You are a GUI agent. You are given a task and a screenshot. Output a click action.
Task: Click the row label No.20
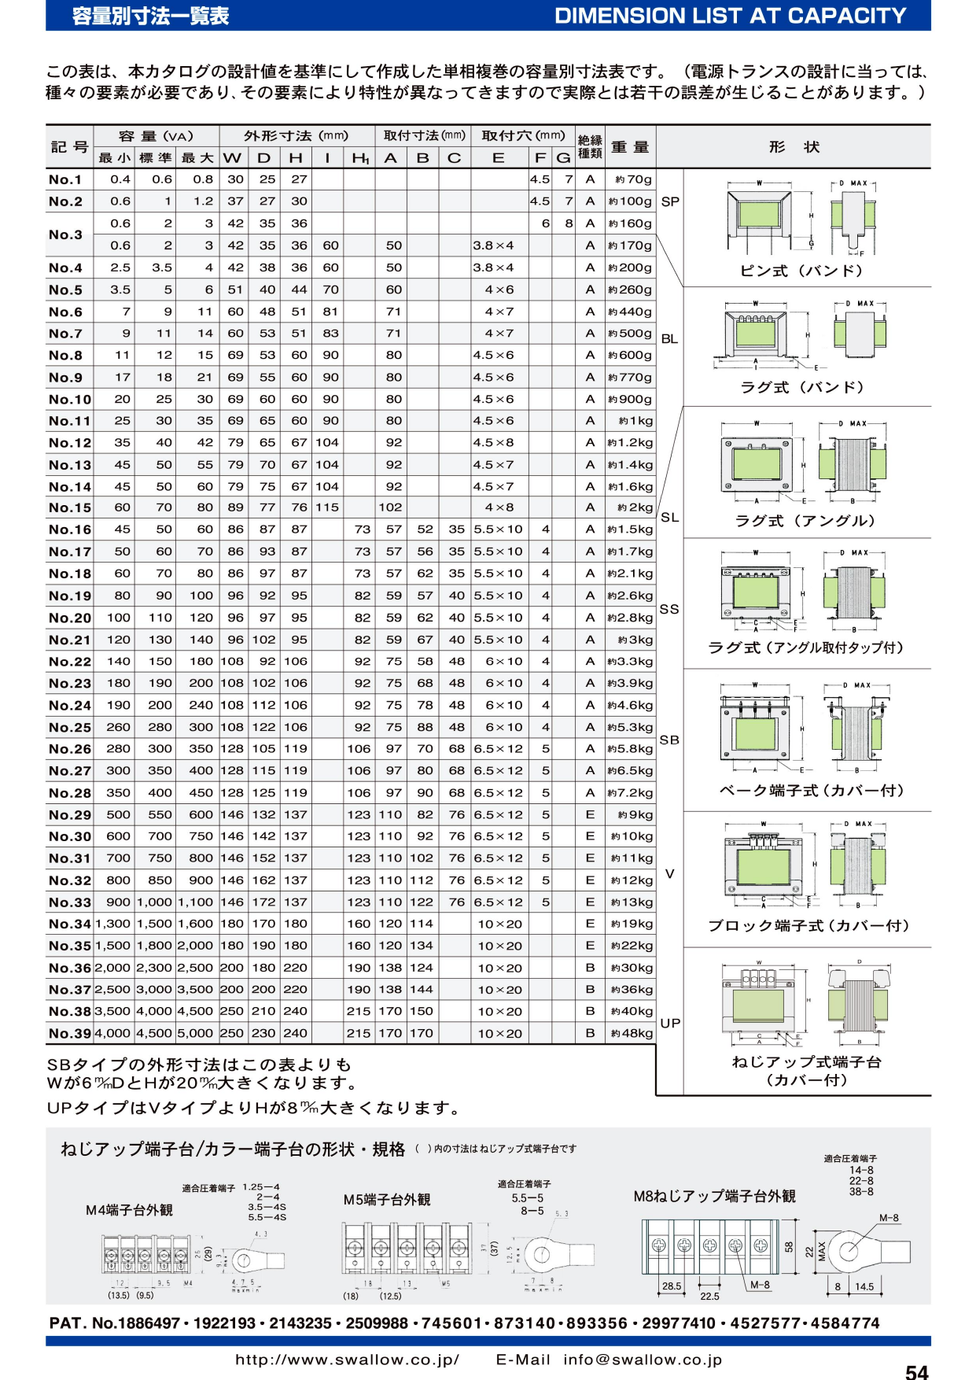point(70,618)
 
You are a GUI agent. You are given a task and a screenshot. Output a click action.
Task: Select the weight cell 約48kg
point(631,1033)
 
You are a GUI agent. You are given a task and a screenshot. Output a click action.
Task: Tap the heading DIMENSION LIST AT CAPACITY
point(730,16)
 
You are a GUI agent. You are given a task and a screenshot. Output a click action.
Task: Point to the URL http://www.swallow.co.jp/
point(347,1360)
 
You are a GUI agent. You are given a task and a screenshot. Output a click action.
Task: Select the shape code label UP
point(670,1023)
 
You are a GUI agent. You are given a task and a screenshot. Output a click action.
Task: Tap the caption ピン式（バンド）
point(801,271)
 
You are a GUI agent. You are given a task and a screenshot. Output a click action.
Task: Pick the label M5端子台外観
point(387,1199)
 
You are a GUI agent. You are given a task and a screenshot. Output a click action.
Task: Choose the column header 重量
point(630,147)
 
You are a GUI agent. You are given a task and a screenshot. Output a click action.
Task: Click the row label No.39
point(70,1033)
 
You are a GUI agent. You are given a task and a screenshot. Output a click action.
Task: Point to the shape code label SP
point(670,201)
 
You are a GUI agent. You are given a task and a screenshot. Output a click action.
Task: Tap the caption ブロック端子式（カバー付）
point(808,925)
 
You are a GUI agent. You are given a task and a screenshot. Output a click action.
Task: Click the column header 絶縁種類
point(590,147)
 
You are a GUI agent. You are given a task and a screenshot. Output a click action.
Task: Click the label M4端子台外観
point(129,1210)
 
